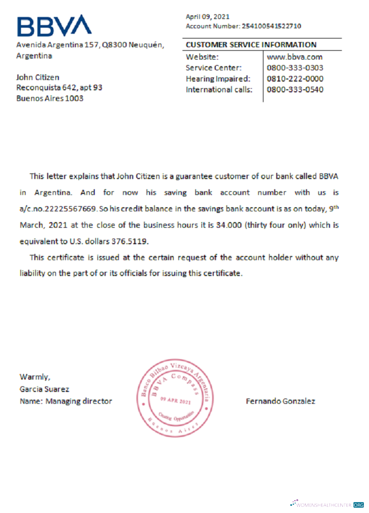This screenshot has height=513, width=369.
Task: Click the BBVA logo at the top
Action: (54, 26)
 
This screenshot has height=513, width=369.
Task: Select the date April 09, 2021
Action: (208, 16)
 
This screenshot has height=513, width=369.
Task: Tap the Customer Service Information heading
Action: (251, 45)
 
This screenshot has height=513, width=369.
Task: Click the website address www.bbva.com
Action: (295, 57)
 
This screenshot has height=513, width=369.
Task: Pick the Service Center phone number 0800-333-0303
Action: (295, 68)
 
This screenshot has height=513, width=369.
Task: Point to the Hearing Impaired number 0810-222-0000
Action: (295, 78)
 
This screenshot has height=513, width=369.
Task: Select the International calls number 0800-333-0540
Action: (295, 90)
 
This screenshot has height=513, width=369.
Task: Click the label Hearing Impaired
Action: (218, 78)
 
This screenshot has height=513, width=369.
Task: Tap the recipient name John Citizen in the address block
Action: (38, 77)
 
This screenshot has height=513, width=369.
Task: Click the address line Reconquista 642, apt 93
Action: (59, 88)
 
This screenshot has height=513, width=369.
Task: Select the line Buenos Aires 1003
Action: (50, 98)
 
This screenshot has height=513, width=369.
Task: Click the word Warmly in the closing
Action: (34, 377)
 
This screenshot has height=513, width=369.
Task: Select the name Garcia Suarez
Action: (44, 389)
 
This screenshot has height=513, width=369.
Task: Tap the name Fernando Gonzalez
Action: (280, 401)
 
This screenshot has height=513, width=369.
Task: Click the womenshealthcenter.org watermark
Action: (326, 504)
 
